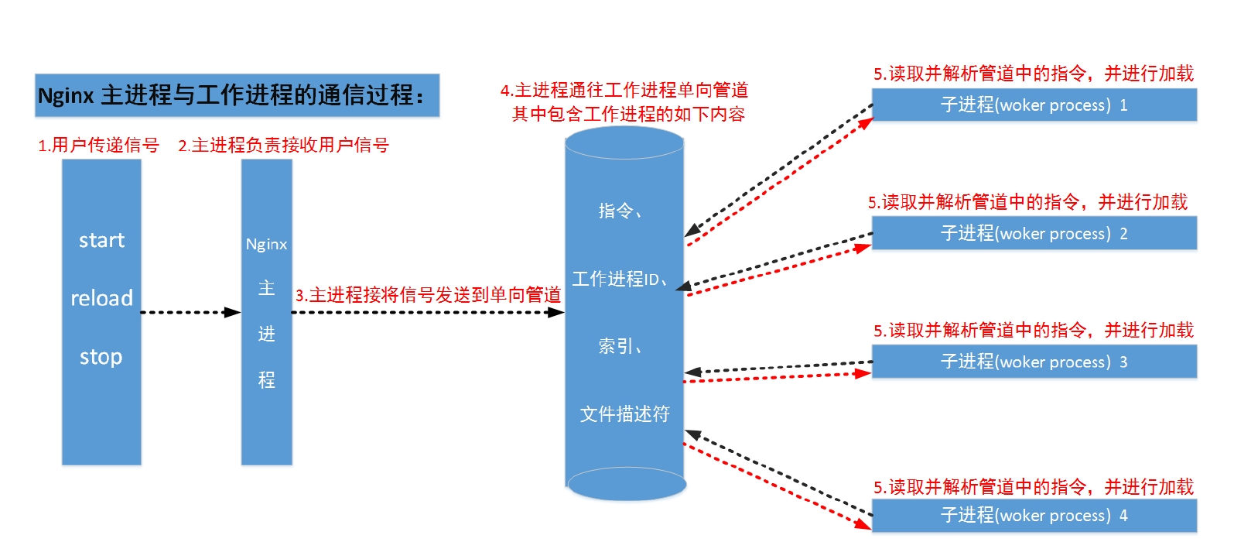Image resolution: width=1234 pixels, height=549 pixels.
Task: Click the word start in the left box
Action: point(101,240)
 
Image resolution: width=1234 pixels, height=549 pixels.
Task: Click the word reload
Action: point(101,298)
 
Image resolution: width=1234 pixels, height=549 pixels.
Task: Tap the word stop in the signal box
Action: point(101,357)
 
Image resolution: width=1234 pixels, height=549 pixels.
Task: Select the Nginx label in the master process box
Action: point(266,244)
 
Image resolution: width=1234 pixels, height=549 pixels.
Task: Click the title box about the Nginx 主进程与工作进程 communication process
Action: point(237,95)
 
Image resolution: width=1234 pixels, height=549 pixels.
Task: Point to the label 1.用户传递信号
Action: point(98,145)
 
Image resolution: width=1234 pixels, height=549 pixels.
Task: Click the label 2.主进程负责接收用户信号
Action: point(283,145)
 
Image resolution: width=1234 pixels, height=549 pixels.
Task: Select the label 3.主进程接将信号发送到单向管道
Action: point(428,295)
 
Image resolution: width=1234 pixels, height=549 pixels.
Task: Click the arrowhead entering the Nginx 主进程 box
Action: point(233,312)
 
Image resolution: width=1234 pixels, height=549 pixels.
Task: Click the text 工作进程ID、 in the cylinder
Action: point(620,279)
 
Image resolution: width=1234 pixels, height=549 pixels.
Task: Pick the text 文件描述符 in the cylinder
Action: point(624,414)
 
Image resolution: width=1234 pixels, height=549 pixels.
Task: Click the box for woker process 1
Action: point(1034,105)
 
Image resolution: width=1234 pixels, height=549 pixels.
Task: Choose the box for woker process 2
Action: point(1034,234)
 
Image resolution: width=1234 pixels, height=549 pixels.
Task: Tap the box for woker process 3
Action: point(1034,362)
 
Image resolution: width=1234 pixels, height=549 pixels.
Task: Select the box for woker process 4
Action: point(1034,516)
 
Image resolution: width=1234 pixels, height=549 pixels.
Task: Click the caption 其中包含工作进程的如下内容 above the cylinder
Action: point(628,115)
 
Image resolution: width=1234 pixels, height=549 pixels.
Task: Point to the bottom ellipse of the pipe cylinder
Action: point(627,485)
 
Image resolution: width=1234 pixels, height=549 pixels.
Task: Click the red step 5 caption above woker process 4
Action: point(1034,487)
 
